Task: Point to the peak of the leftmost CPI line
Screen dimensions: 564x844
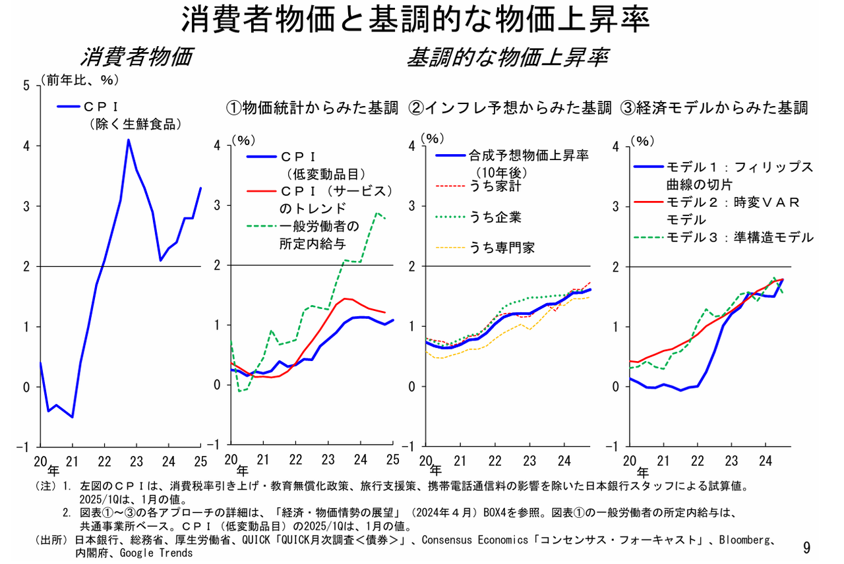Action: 129,140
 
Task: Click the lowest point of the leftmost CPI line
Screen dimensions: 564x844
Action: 73,417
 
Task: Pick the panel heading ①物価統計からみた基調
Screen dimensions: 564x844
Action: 313,107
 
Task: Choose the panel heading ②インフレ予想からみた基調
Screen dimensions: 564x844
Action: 510,107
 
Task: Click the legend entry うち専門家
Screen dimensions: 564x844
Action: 501,248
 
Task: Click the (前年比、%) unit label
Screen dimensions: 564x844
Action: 80,80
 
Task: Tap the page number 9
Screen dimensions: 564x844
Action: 806,547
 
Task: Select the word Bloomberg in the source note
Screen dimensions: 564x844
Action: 744,540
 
